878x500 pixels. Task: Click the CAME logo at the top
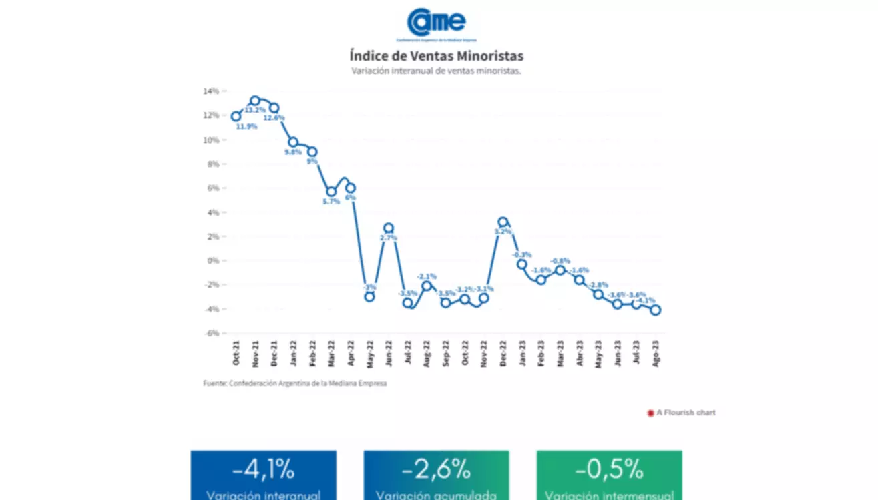tap(436, 23)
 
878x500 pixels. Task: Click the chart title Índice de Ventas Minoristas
tap(436, 55)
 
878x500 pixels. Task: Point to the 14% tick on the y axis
tap(211, 91)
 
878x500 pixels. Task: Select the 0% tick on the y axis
tap(212, 260)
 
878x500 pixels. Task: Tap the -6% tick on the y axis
tap(211, 333)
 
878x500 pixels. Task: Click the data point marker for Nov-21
tap(255, 101)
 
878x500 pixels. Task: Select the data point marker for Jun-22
tap(389, 228)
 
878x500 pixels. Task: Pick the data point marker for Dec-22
tap(503, 222)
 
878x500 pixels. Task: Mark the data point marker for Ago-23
tap(656, 310)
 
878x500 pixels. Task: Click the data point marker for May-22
tap(369, 296)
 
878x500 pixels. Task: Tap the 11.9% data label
tap(247, 126)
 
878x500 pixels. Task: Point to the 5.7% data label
tap(331, 201)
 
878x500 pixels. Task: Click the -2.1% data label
tap(427, 276)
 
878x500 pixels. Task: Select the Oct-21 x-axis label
tap(236, 353)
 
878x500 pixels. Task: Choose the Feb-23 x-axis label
tap(541, 353)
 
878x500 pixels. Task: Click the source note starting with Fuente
tap(295, 383)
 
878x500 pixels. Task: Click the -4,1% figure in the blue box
tap(263, 470)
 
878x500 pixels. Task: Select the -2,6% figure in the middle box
tap(436, 470)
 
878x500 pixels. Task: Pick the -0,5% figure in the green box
tap(609, 470)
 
